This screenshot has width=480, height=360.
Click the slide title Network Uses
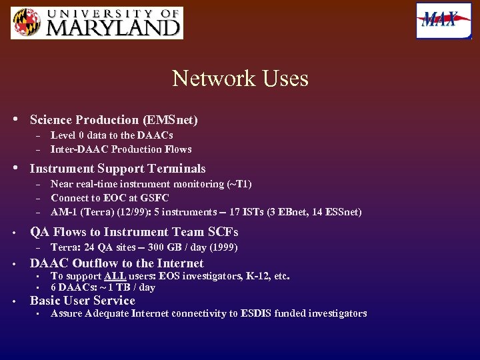[240, 79]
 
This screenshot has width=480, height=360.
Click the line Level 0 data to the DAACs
[111, 135]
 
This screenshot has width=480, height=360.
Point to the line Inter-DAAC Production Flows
[121, 149]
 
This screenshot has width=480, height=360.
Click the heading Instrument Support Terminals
[117, 169]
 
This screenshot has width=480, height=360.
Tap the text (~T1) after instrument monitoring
[239, 184]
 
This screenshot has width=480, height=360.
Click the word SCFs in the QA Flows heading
[223, 232]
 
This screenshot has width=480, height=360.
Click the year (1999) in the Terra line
[224, 247]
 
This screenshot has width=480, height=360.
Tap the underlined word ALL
[113, 276]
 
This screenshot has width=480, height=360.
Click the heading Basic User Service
[82, 301]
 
